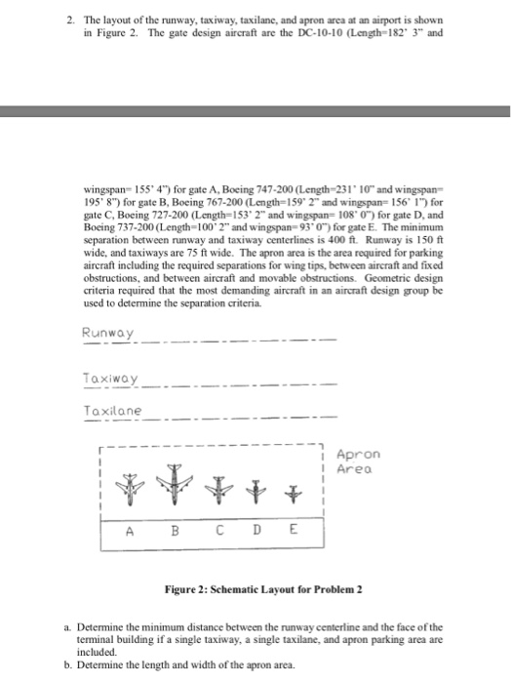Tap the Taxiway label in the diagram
(111, 378)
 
